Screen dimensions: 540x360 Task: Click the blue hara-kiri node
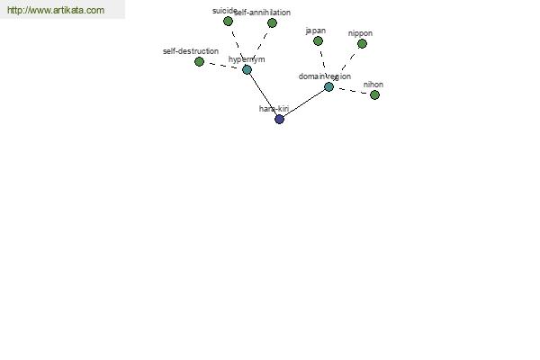tap(279, 119)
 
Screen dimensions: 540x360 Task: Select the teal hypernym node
tap(247, 70)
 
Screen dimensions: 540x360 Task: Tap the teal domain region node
tap(328, 86)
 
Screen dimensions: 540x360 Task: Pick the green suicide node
tap(228, 22)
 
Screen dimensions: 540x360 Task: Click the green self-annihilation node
tap(272, 23)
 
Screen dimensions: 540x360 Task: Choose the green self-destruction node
tap(199, 62)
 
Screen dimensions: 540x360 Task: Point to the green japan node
tap(318, 41)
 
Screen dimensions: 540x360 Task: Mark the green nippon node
tap(362, 44)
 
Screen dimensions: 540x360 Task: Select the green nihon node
tap(374, 94)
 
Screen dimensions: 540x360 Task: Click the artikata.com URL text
tap(56, 10)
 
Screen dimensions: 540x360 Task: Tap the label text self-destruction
tap(191, 51)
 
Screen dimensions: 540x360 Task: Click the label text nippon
tap(360, 34)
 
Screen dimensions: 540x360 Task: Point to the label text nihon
tap(373, 85)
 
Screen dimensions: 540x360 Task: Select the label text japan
tap(316, 31)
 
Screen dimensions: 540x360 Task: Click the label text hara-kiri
tap(274, 109)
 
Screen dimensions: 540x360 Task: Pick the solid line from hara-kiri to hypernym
tap(263, 94)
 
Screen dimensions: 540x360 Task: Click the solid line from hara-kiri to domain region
tap(304, 103)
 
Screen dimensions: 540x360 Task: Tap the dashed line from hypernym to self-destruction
tap(223, 66)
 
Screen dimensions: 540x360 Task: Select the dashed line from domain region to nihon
tap(352, 91)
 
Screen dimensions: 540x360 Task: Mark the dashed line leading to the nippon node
tap(348, 61)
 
